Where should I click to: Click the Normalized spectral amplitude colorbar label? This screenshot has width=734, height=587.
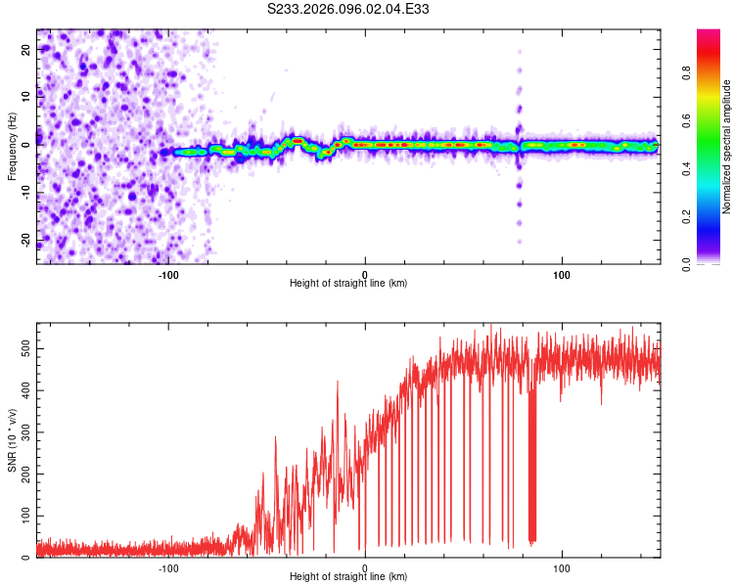point(726,147)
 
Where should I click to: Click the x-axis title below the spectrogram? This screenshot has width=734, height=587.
point(348,283)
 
